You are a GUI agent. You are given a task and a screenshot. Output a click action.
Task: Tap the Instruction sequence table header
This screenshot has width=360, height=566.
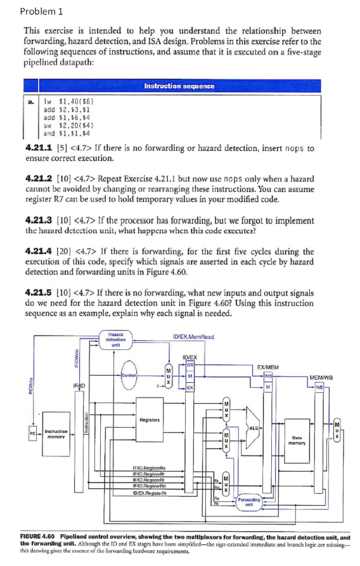tap(179, 86)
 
